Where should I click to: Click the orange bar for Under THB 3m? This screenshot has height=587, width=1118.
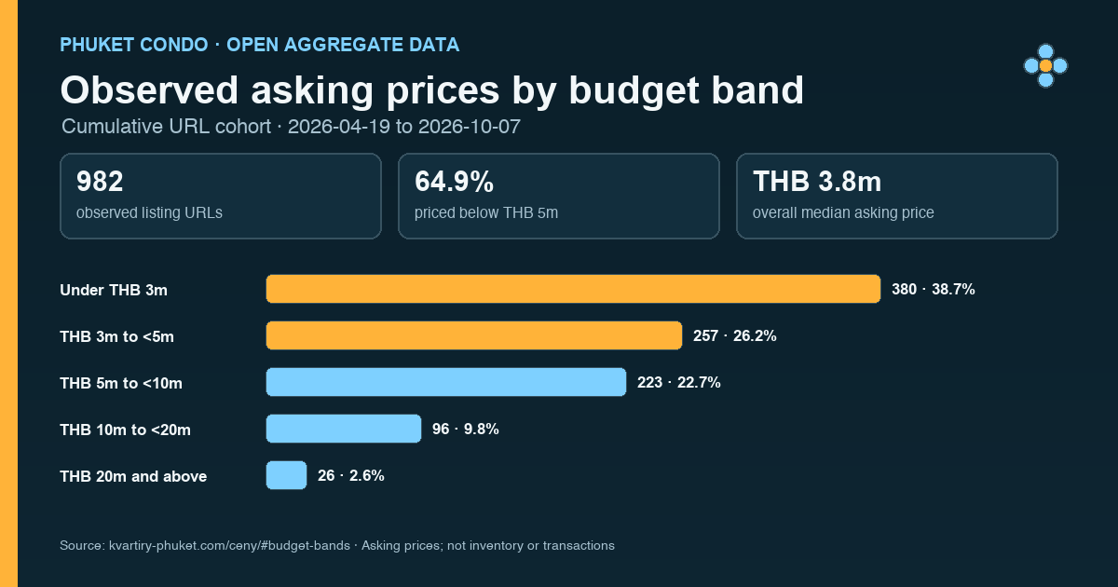tap(574, 289)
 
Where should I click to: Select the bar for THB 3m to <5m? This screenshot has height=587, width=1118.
tap(474, 335)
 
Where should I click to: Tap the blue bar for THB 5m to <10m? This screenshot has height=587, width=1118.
tap(446, 382)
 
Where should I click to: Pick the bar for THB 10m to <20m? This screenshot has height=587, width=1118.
tap(344, 429)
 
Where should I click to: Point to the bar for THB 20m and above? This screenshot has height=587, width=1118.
tap(287, 475)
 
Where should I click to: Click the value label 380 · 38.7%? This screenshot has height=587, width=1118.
tap(934, 290)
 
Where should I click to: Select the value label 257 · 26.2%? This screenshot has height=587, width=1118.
tap(735, 336)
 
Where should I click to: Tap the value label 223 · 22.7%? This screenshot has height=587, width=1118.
tap(679, 382)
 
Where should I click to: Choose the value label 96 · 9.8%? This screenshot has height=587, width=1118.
tap(466, 429)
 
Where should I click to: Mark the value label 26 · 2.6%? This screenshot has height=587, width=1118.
tap(351, 475)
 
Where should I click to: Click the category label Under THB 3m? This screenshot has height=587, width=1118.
tap(114, 290)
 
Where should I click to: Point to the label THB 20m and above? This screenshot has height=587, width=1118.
tap(133, 476)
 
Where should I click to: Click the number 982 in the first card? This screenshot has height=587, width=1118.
tap(100, 181)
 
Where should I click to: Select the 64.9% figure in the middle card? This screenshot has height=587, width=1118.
tap(455, 181)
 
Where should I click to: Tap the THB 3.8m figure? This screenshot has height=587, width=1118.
tap(817, 181)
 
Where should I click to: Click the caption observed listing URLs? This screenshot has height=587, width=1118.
tap(149, 212)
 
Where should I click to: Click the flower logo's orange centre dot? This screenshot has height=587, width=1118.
tap(1045, 66)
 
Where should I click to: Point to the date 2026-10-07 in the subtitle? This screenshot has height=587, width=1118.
tap(470, 127)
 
